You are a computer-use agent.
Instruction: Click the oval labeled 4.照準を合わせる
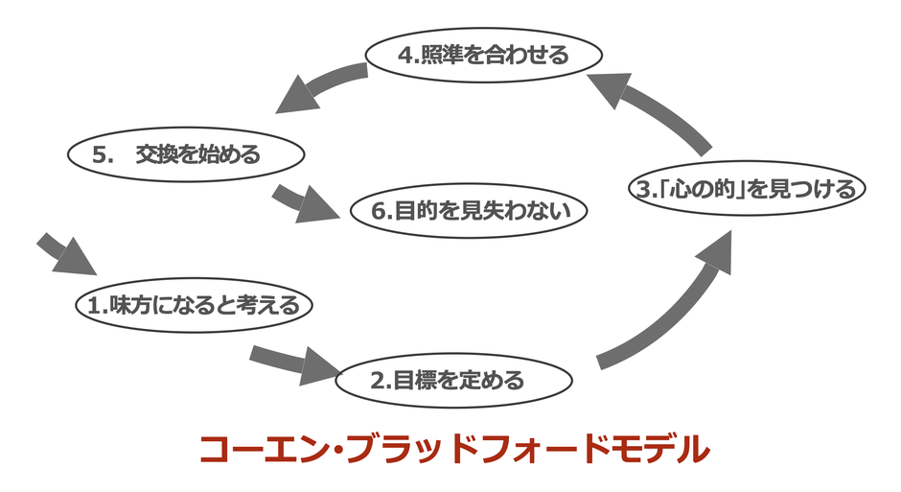click(x=483, y=55)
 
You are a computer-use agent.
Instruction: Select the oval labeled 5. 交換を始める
click(x=186, y=153)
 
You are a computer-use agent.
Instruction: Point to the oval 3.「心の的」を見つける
click(x=747, y=188)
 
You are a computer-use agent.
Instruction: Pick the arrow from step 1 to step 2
click(x=293, y=363)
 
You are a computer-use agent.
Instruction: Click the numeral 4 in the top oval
click(x=404, y=56)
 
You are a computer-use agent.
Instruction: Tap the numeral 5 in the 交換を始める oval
click(x=104, y=153)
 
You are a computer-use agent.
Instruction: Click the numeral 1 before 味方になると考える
click(x=95, y=307)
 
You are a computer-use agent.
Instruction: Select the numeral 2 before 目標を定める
click(x=377, y=381)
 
